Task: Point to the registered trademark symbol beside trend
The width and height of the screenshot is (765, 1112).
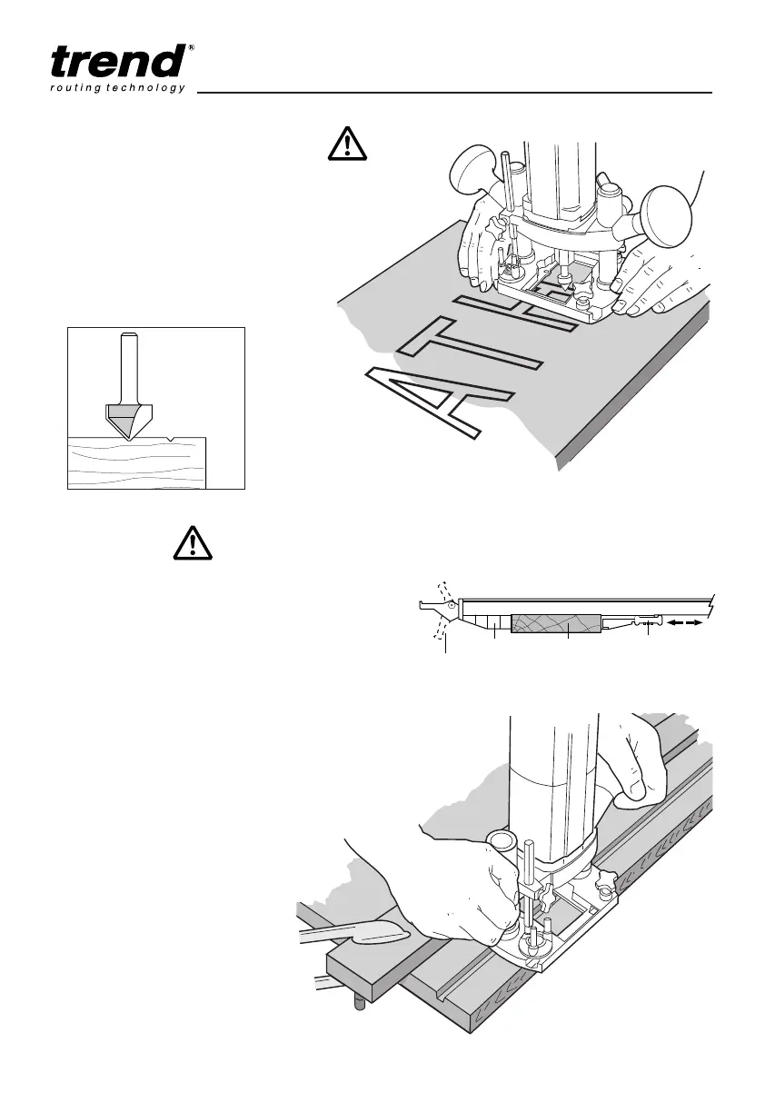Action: point(190,48)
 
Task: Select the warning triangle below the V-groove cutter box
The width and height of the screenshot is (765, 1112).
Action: point(192,543)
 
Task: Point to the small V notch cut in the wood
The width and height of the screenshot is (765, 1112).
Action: point(172,440)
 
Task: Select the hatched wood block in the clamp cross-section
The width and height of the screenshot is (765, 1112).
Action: point(555,623)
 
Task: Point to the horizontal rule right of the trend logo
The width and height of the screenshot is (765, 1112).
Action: point(454,92)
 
